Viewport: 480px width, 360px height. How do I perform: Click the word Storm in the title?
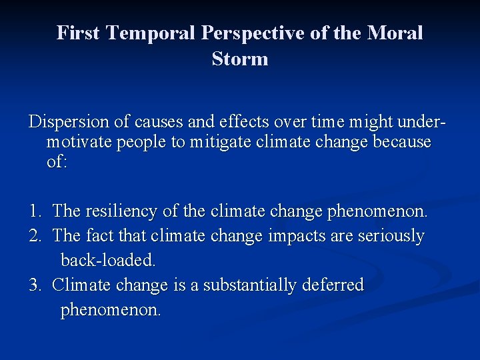pos(240,59)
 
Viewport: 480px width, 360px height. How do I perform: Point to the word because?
pos(403,142)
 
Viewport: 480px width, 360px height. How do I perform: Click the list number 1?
pos(35,211)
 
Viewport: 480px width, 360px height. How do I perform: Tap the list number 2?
pos(35,236)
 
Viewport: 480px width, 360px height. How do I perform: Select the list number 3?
pos(35,285)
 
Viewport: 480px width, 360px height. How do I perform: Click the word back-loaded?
pos(107,259)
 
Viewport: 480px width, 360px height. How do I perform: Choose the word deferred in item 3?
pos(332,285)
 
